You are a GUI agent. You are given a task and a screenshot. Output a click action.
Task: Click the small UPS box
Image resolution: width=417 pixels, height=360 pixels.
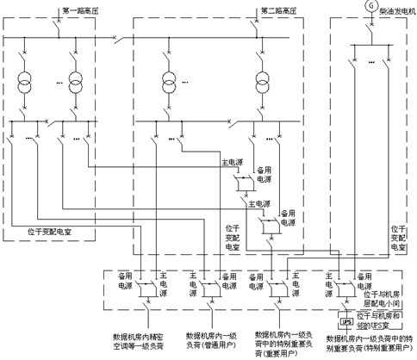pos(346,323)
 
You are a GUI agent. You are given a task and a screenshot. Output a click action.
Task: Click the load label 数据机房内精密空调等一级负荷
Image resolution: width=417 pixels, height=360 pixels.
pos(137,339)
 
